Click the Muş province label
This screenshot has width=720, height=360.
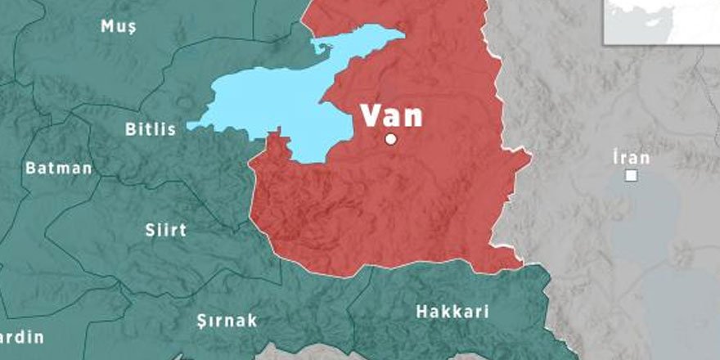119,26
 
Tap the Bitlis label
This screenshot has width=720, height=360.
151,129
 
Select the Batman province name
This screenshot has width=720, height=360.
59,169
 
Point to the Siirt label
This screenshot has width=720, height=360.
166,230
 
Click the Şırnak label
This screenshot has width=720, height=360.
227,320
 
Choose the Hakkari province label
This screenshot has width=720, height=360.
452,312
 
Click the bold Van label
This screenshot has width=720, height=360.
393,115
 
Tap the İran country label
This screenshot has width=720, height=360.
631,158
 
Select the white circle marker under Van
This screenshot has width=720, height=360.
391,139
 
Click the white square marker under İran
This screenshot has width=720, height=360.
632,175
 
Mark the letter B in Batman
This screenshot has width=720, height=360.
31,169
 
